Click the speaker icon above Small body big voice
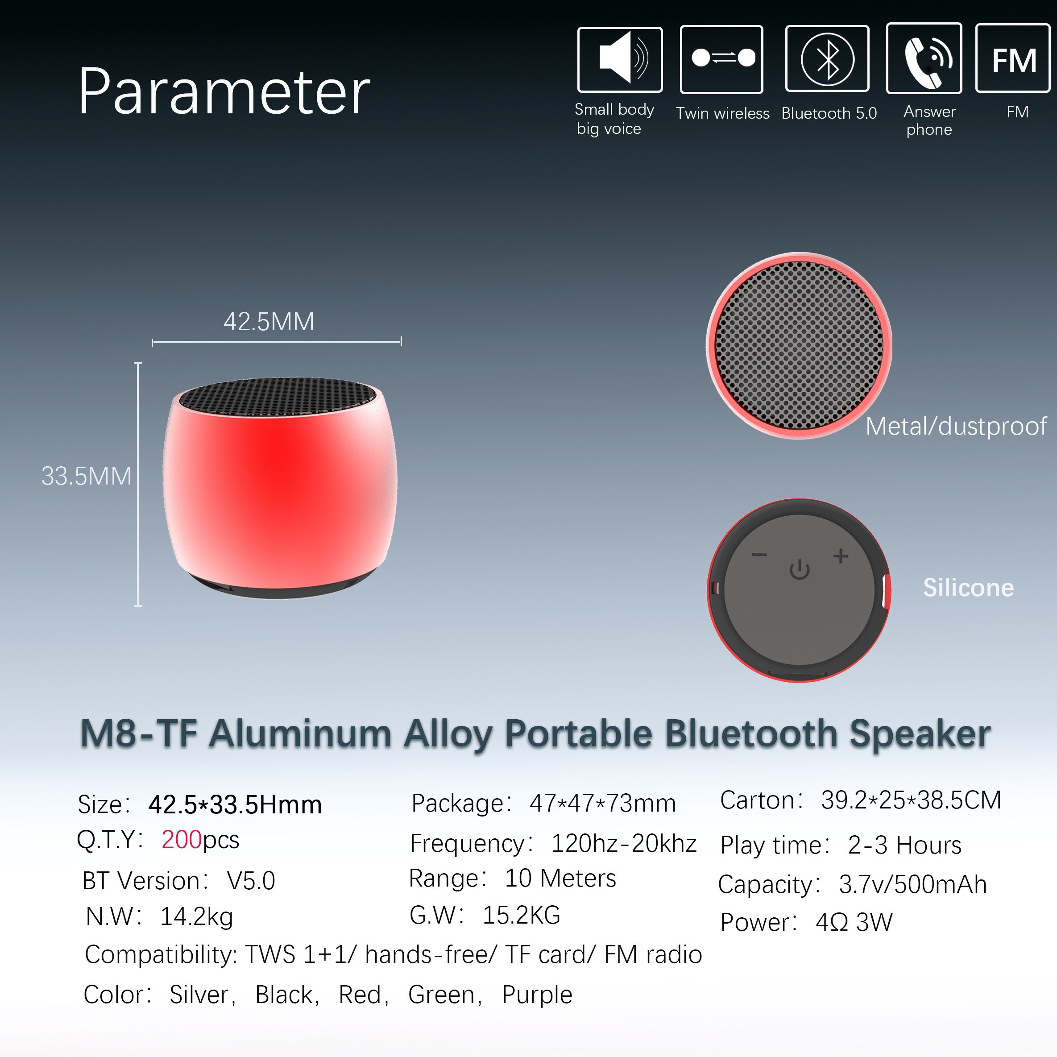point(620,59)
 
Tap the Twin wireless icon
point(721,59)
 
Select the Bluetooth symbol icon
point(827,58)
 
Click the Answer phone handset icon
point(924,58)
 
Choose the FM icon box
point(1013,58)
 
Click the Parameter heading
point(224,92)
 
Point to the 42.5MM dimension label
point(269,322)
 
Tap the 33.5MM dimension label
point(87,476)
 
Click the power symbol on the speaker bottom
point(799,569)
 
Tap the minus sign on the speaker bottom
point(759,555)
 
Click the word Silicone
point(968,588)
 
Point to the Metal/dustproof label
point(956,426)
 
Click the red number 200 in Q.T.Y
point(182,839)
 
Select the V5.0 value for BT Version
point(251,881)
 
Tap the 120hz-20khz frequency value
point(624,843)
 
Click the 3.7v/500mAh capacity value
point(912,884)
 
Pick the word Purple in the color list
point(537,995)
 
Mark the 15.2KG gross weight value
point(522,915)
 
